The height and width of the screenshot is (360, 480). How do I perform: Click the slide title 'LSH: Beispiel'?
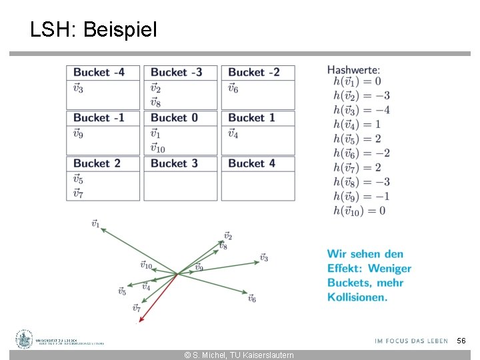click(x=93, y=29)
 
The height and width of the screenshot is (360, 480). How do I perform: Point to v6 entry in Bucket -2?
click(x=233, y=88)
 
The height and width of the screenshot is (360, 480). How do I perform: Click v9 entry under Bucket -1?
click(x=78, y=133)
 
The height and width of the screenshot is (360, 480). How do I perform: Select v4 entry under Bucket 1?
click(x=233, y=133)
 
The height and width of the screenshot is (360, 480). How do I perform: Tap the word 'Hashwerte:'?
click(x=354, y=69)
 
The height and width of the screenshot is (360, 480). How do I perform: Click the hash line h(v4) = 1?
click(x=357, y=124)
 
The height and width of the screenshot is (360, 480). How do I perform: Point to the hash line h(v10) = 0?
click(x=359, y=211)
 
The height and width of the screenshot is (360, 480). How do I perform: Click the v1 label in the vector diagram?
click(x=95, y=224)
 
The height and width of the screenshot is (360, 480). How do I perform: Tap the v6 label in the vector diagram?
click(x=252, y=299)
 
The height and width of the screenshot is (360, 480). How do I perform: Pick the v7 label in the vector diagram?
click(x=136, y=308)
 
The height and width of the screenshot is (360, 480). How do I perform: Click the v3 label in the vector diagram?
click(x=264, y=257)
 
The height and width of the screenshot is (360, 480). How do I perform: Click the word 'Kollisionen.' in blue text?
click(x=357, y=297)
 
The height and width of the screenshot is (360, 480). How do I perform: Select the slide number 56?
click(x=461, y=341)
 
